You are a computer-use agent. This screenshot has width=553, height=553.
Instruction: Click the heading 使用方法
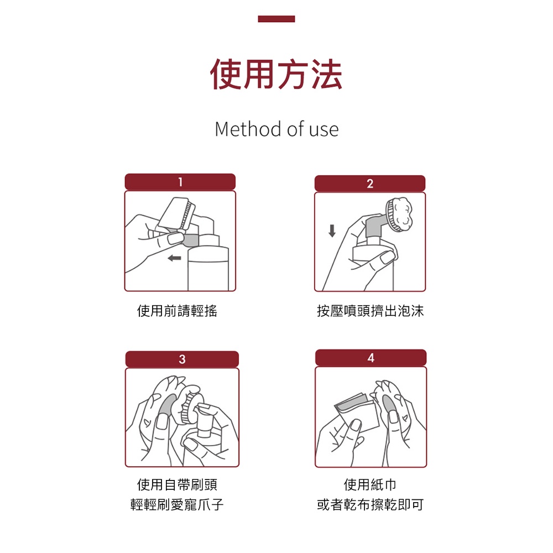click(276, 75)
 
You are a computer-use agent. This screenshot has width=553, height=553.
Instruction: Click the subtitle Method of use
click(277, 129)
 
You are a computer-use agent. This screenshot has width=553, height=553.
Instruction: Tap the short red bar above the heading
click(276, 19)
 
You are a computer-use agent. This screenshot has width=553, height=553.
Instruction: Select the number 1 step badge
click(180, 182)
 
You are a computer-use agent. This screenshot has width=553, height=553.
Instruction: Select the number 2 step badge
click(369, 184)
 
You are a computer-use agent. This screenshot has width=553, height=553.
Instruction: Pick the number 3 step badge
click(182, 359)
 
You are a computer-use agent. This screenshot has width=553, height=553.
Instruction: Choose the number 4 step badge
click(371, 358)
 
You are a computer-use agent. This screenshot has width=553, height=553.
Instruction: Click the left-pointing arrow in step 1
click(174, 258)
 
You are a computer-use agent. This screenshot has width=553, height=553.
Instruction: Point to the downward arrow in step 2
click(332, 231)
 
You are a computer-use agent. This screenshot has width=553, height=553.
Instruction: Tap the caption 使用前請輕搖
click(177, 311)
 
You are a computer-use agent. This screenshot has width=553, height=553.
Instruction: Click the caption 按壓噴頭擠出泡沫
click(371, 311)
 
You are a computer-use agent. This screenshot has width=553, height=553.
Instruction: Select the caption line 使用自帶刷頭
click(177, 484)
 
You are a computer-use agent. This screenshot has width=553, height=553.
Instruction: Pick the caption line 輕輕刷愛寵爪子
click(177, 504)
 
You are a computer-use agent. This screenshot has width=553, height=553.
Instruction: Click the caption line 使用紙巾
click(370, 484)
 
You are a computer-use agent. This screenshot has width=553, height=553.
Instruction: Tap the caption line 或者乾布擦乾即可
click(371, 504)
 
